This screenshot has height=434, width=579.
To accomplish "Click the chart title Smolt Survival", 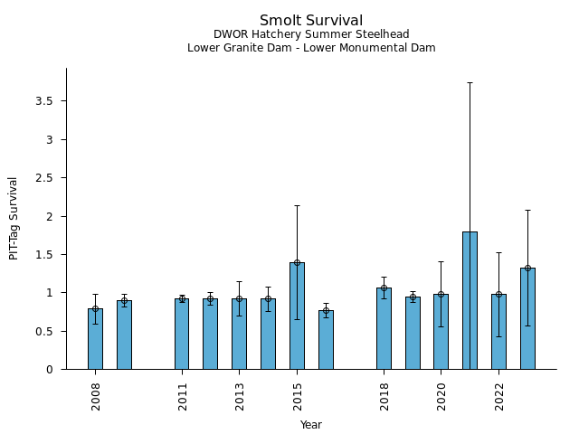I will click(311, 21).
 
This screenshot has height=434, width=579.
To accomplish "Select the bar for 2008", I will click(95, 339).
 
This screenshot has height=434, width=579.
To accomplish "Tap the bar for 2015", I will click(297, 316).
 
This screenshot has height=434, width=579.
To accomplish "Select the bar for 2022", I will click(498, 331).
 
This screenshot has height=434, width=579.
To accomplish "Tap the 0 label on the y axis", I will click(50, 370).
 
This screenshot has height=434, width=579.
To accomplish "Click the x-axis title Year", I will click(311, 425).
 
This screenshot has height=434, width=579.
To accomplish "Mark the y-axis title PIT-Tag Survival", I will click(14, 218).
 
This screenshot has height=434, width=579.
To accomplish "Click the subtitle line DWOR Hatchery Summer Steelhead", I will click(311, 34).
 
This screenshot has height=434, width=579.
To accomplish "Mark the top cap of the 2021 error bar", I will click(470, 82).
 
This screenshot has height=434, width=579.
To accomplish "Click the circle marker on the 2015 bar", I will click(297, 262).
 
